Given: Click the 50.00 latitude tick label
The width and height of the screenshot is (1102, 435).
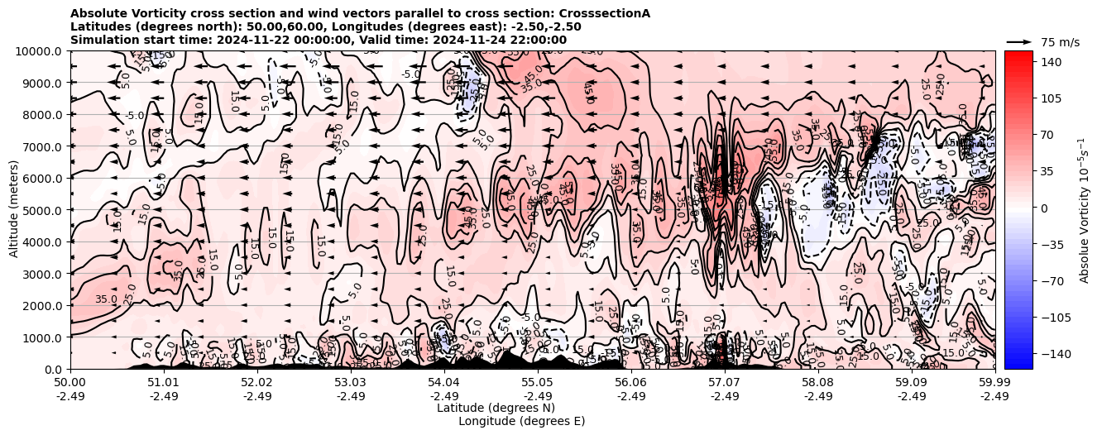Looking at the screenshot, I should click(70, 383).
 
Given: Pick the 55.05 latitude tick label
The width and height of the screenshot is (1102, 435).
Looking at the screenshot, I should click(538, 383).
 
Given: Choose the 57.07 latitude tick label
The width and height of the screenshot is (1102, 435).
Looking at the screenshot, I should click(725, 383).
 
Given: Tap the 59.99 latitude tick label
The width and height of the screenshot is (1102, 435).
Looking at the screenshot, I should click(994, 383).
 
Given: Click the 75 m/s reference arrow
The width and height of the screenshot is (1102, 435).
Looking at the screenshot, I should click(1019, 41).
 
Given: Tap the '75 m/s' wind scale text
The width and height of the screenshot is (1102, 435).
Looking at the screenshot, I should click(1060, 42).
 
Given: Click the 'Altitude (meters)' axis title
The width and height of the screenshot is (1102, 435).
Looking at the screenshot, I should click(14, 210).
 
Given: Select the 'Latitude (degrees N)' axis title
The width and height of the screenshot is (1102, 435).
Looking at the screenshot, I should click(496, 408).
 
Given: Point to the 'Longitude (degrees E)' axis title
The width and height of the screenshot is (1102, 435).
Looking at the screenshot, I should click(521, 421).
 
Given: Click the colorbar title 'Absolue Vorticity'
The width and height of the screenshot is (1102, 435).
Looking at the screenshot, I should click(1084, 210).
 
